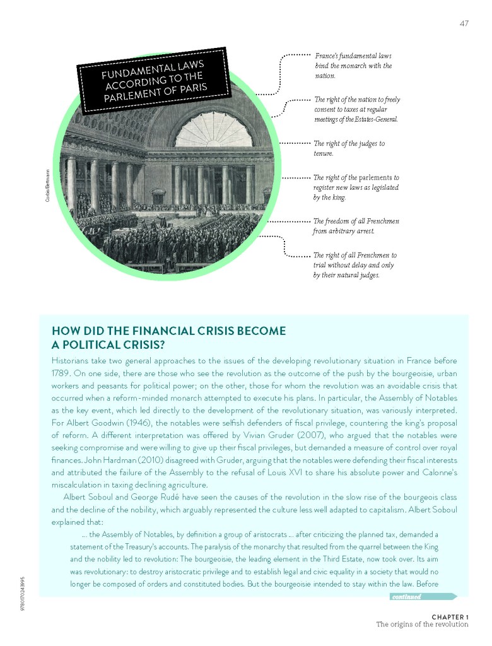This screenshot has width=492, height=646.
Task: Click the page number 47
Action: [x=463, y=24]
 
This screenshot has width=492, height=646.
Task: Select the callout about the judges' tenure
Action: [x=349, y=148]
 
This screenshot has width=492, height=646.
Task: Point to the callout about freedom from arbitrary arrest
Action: [x=356, y=226]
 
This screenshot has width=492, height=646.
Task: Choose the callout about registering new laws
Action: [x=356, y=187]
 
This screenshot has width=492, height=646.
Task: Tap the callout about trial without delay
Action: [x=354, y=265]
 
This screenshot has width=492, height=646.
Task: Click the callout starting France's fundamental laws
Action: [x=353, y=66]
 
